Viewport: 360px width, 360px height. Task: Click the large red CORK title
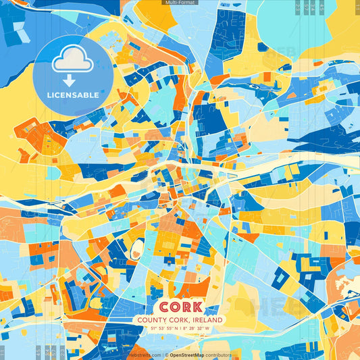pyautogui.click(x=180, y=306)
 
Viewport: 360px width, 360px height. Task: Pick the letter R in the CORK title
pyautogui.click(x=187, y=306)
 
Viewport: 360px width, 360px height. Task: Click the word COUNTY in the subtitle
pyautogui.click(x=151, y=320)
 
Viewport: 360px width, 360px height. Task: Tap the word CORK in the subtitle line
pyautogui.click(x=178, y=320)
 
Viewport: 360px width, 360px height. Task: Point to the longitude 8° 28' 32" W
pyautogui.click(x=197, y=329)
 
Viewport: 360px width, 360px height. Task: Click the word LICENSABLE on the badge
pyautogui.click(x=72, y=95)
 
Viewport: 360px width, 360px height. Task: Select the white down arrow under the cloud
pyautogui.click(x=70, y=80)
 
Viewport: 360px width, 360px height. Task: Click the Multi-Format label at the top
pyautogui.click(x=180, y=3)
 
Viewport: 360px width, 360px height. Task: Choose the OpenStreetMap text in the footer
pyautogui.click(x=188, y=355)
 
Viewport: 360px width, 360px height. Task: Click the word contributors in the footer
pyautogui.click(x=219, y=355)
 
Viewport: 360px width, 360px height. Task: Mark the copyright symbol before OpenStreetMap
pyautogui.click(x=166, y=355)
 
